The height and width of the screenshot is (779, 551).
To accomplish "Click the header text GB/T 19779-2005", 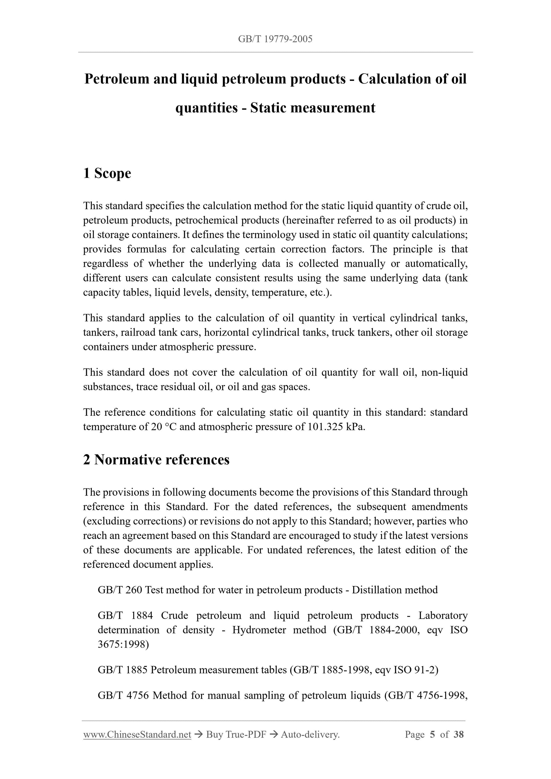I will [x=275, y=39].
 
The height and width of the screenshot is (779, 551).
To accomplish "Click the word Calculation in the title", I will [x=395, y=79].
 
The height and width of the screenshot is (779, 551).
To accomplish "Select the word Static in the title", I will [x=268, y=108].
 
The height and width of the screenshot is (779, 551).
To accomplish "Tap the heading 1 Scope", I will [x=107, y=173].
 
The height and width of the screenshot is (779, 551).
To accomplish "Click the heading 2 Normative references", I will [x=156, y=460].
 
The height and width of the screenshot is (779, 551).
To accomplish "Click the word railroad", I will [x=138, y=332].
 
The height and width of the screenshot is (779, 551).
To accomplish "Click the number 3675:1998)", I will [x=123, y=644].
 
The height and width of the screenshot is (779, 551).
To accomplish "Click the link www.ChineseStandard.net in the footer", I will [x=137, y=735].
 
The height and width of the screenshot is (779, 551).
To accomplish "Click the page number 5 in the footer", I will [x=432, y=735].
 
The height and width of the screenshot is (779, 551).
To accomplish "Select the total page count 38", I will [x=458, y=735].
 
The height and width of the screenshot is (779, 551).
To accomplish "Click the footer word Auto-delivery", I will [x=310, y=735].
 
